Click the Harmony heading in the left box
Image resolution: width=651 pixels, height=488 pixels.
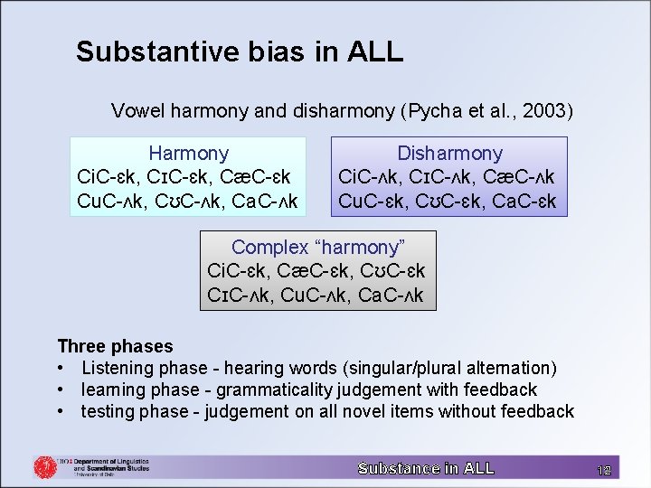point(188,154)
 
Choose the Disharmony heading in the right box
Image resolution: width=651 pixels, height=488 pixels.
point(449,154)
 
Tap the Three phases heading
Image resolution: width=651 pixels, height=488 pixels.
point(115,346)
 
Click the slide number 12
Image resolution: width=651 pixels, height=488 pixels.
point(604,469)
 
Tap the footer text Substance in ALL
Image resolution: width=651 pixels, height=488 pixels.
point(426,468)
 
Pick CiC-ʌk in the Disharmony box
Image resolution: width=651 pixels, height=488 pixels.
point(367,177)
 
